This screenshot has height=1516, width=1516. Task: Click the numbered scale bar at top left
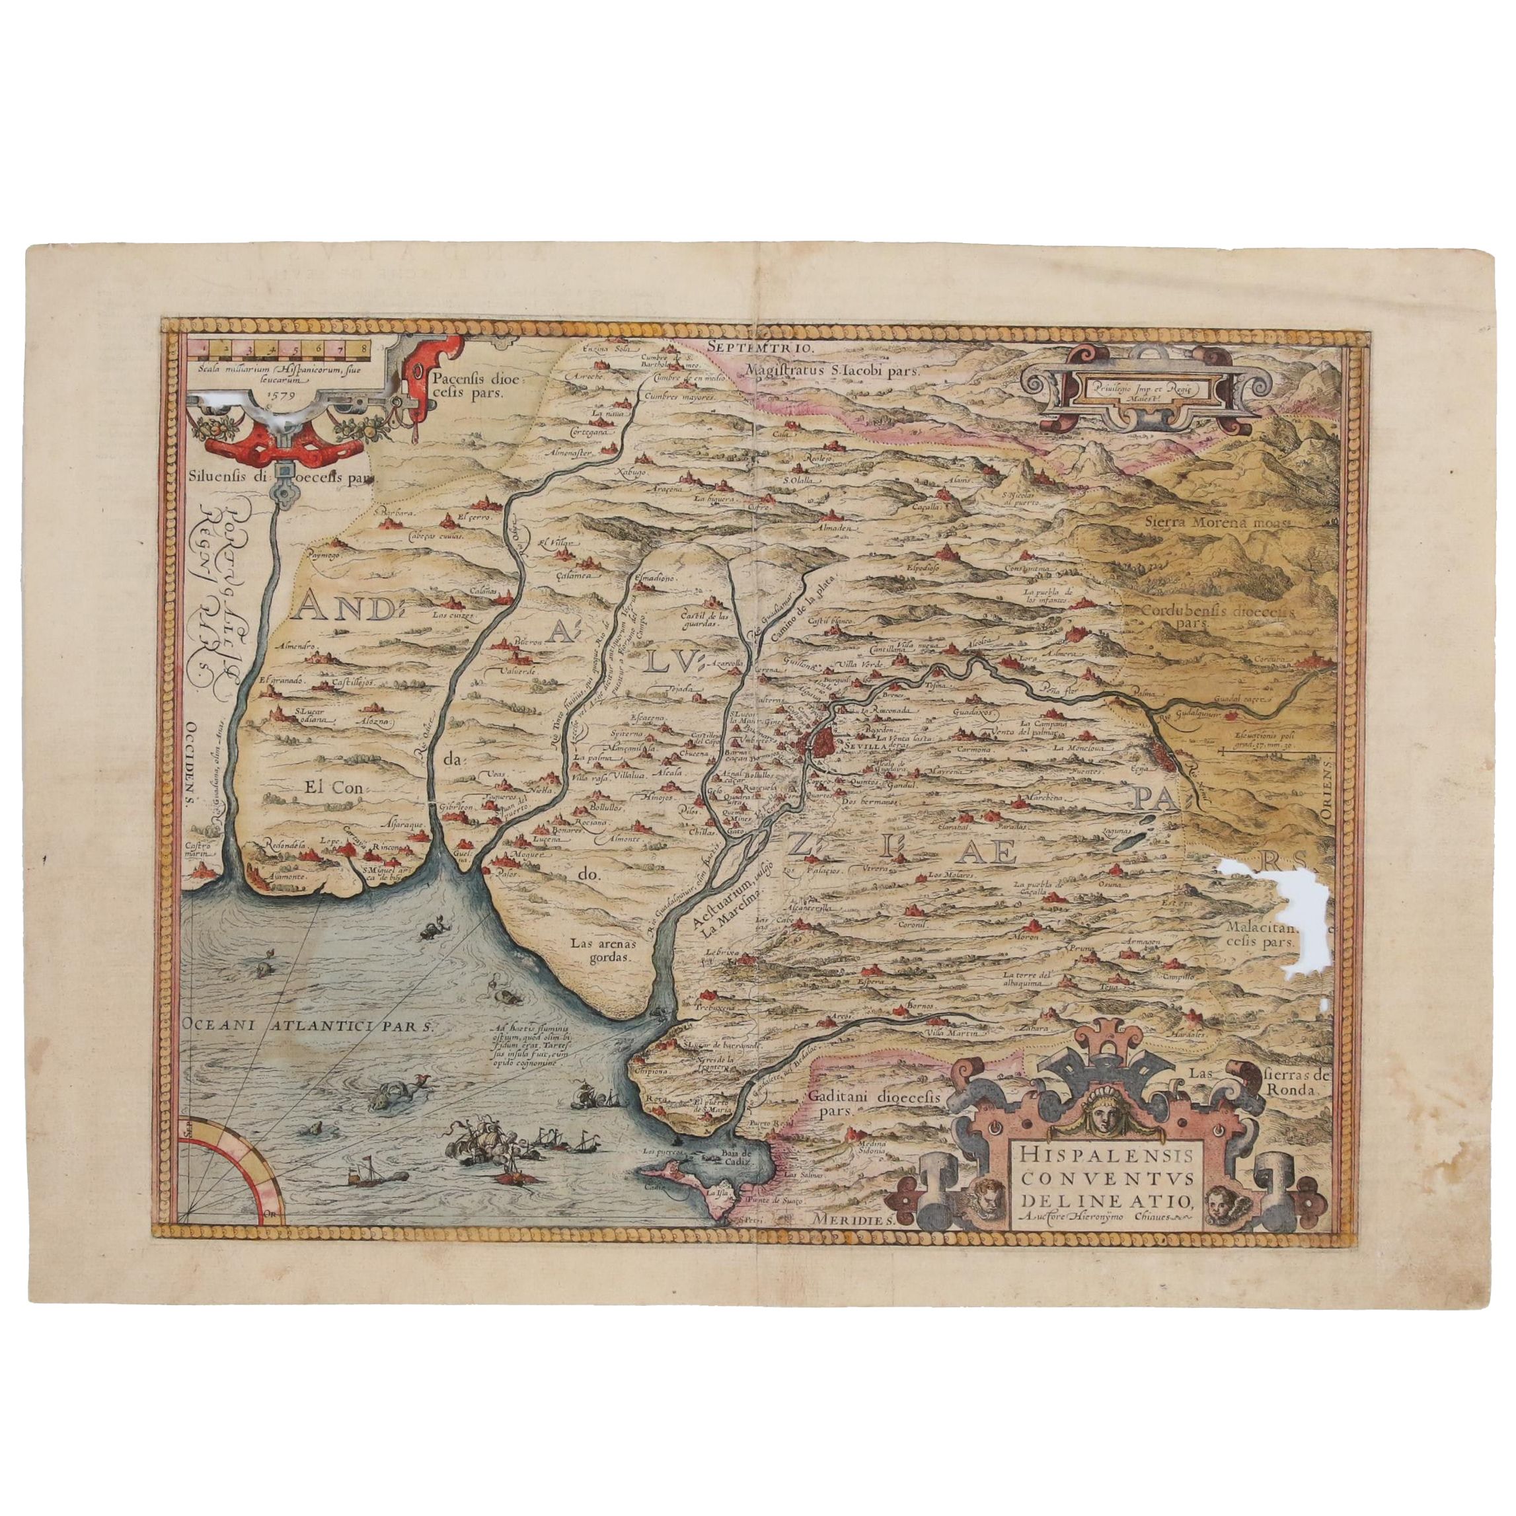272,346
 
